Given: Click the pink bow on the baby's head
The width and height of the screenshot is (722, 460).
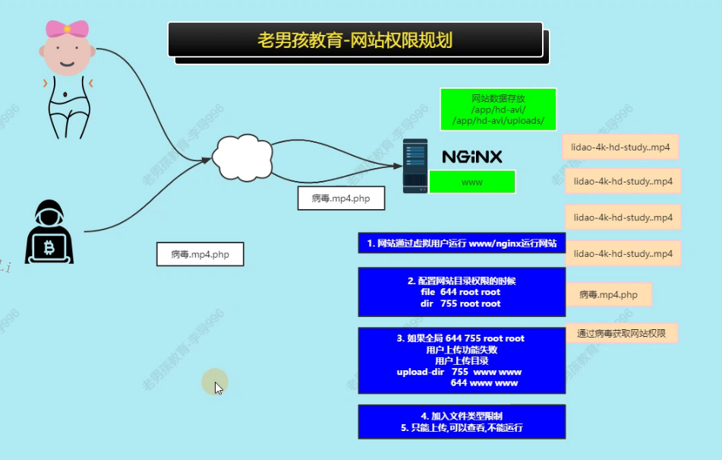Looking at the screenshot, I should pos(67,30).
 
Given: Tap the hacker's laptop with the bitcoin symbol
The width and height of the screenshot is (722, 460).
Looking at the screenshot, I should pos(50,248).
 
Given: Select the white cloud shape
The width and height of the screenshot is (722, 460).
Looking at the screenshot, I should pos(241,156).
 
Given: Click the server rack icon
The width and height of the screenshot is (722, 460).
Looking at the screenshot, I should pos(415,166).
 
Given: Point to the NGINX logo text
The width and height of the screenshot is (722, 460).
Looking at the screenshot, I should pos(471,157).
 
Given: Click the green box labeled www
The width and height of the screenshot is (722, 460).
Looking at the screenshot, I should pos(472,182).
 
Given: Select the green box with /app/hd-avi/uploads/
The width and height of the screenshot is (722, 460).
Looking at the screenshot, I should pos(498,109).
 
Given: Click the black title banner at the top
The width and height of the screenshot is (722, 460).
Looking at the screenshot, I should pos(355,40).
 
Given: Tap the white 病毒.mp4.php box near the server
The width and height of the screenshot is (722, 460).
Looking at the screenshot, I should pos(341,198).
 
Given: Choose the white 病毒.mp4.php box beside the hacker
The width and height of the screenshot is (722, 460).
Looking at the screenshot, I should pos(200,255).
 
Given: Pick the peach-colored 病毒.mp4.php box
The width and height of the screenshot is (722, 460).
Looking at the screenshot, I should pos(609,294).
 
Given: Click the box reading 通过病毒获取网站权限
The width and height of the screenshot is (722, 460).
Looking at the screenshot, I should pos(622,333).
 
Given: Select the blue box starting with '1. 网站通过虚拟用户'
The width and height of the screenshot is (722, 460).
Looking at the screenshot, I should pos(462,243).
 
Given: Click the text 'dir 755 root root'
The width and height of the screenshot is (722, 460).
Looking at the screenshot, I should pos(460,303).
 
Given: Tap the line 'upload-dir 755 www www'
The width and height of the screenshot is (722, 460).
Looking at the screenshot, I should pos(459,372).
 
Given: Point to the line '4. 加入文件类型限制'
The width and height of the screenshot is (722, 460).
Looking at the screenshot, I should pos(462,417).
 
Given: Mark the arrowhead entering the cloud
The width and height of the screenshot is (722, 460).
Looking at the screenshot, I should pos(207,160).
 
